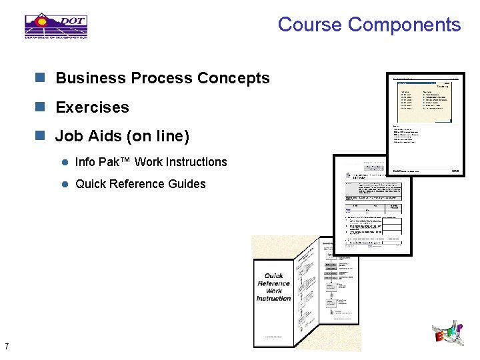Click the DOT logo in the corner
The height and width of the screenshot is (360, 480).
(56, 25)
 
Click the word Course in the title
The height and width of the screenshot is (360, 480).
(310, 25)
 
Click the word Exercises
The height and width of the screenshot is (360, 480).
(92, 107)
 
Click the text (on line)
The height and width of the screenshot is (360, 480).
(159, 137)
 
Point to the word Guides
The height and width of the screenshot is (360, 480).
(189, 184)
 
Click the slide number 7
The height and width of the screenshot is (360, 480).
(6, 346)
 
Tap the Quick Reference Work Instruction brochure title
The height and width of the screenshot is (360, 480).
(273, 287)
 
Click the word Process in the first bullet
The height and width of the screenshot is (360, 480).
(159, 78)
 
